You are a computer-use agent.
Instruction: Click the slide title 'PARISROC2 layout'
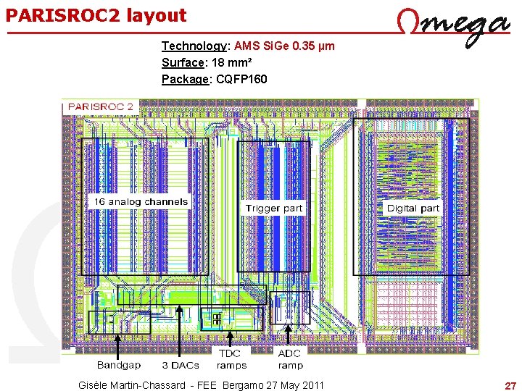pyautogui.click(x=96, y=15)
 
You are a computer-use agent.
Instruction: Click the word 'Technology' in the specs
pyautogui.click(x=194, y=46)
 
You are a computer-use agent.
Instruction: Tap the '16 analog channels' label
pyautogui.click(x=139, y=202)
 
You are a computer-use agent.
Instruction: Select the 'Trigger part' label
pyautogui.click(x=273, y=208)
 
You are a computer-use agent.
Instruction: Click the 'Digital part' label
pyautogui.click(x=413, y=208)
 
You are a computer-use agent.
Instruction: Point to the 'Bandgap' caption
pyautogui.click(x=119, y=366)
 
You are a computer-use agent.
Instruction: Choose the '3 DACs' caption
pyautogui.click(x=181, y=366)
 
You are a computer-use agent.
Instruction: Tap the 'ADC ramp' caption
pyautogui.click(x=290, y=359)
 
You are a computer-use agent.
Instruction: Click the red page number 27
pyautogui.click(x=510, y=384)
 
